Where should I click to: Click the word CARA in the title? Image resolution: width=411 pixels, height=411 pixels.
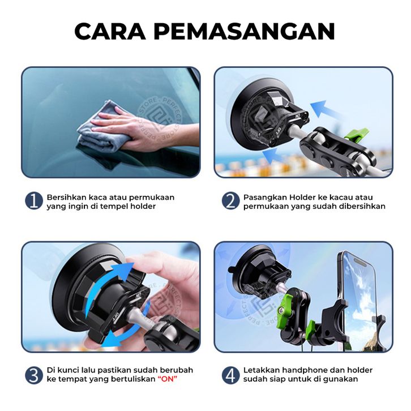tap(110, 31)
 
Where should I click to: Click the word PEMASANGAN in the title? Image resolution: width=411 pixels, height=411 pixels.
tap(245, 31)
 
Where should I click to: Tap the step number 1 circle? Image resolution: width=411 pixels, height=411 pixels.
tap(34, 201)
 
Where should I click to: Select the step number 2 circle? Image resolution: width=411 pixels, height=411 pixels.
tap(230, 201)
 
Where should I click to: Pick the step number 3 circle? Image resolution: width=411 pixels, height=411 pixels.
tap(34, 375)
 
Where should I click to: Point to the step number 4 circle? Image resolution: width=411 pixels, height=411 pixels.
tap(230, 375)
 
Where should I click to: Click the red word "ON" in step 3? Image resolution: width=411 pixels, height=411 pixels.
tap(168, 379)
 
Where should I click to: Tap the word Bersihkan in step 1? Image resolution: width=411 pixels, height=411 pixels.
tap(67, 197)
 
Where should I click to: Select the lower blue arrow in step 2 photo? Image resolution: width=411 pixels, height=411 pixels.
tap(276, 156)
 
